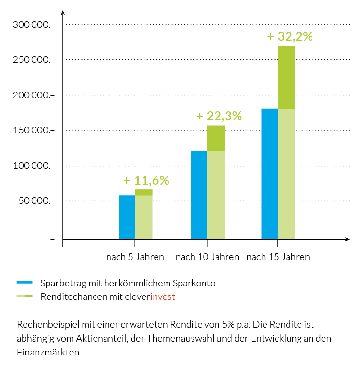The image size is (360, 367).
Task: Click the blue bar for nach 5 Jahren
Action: click(127, 217)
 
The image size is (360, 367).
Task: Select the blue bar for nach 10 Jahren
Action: click(199, 195)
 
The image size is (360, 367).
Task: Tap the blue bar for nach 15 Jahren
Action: click(270, 174)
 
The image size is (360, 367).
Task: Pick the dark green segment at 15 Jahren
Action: click(287, 77)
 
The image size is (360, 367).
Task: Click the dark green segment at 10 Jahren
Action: click(216, 138)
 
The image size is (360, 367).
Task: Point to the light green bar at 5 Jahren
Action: click(144, 217)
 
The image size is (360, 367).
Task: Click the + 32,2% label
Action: click(290, 36)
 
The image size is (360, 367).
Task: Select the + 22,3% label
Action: click(219, 116)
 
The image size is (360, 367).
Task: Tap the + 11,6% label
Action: click(146, 180)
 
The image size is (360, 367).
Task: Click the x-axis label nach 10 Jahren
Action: click(207, 257)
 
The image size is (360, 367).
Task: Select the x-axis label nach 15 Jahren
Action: click(278, 257)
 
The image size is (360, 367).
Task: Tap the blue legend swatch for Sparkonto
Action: click(24, 283)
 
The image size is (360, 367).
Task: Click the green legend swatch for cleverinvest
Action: click(24, 296)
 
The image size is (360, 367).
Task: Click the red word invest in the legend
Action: click(163, 296)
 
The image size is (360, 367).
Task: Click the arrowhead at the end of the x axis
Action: click(346, 239)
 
